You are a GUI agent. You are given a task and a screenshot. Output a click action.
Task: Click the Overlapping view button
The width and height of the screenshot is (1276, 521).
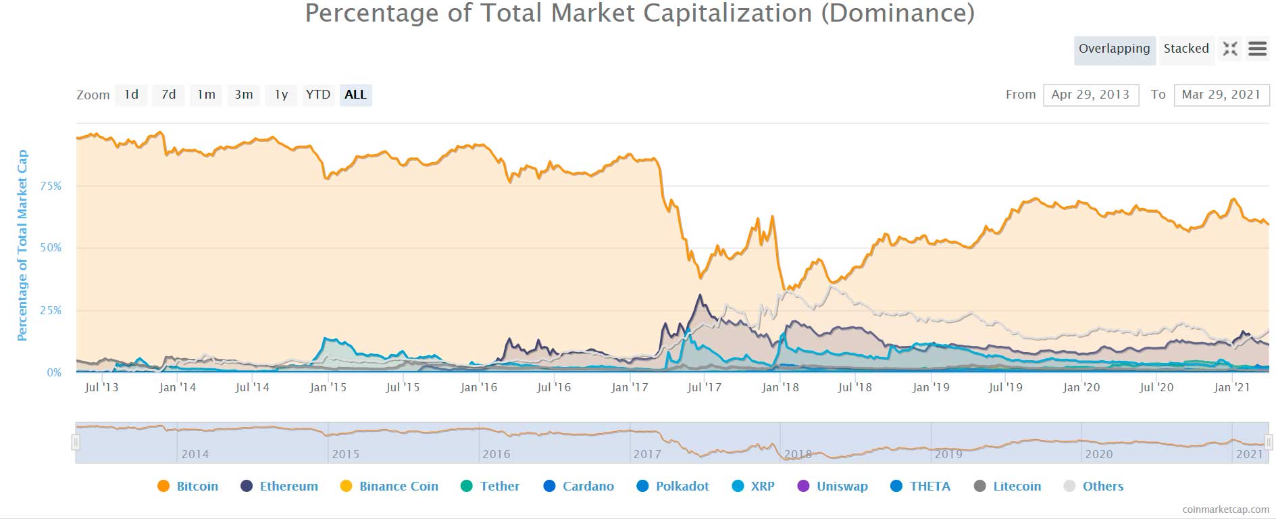(1114, 49)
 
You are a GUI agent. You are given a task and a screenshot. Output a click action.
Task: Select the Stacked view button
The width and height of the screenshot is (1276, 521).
(1185, 49)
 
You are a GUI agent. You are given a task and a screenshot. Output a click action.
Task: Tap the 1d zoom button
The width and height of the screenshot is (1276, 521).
(131, 95)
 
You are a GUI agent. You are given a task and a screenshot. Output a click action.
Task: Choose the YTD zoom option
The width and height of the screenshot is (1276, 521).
(317, 95)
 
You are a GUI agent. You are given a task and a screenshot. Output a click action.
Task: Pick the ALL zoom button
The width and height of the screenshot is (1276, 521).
(355, 95)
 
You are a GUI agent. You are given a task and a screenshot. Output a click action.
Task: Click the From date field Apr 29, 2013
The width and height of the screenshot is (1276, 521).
(1090, 95)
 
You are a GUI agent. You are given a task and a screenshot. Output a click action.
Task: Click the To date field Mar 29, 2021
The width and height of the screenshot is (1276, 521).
(1221, 95)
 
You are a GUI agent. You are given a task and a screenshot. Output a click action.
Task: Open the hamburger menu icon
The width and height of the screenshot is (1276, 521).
(1257, 49)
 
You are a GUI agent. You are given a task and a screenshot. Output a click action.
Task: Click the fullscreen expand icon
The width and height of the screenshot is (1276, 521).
(1230, 49)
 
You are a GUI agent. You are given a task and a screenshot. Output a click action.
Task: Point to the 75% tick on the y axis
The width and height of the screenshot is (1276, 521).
(51, 186)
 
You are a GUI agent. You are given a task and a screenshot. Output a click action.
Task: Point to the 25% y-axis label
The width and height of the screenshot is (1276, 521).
(51, 310)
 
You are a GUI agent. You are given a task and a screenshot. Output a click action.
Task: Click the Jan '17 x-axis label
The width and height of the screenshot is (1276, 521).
(629, 387)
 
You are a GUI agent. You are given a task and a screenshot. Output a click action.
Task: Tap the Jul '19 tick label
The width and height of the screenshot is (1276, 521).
(1005, 387)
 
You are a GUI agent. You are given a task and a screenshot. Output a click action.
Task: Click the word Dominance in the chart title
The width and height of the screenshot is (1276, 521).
(897, 14)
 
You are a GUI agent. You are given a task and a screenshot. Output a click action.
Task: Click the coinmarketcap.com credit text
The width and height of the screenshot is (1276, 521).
(1225, 510)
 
